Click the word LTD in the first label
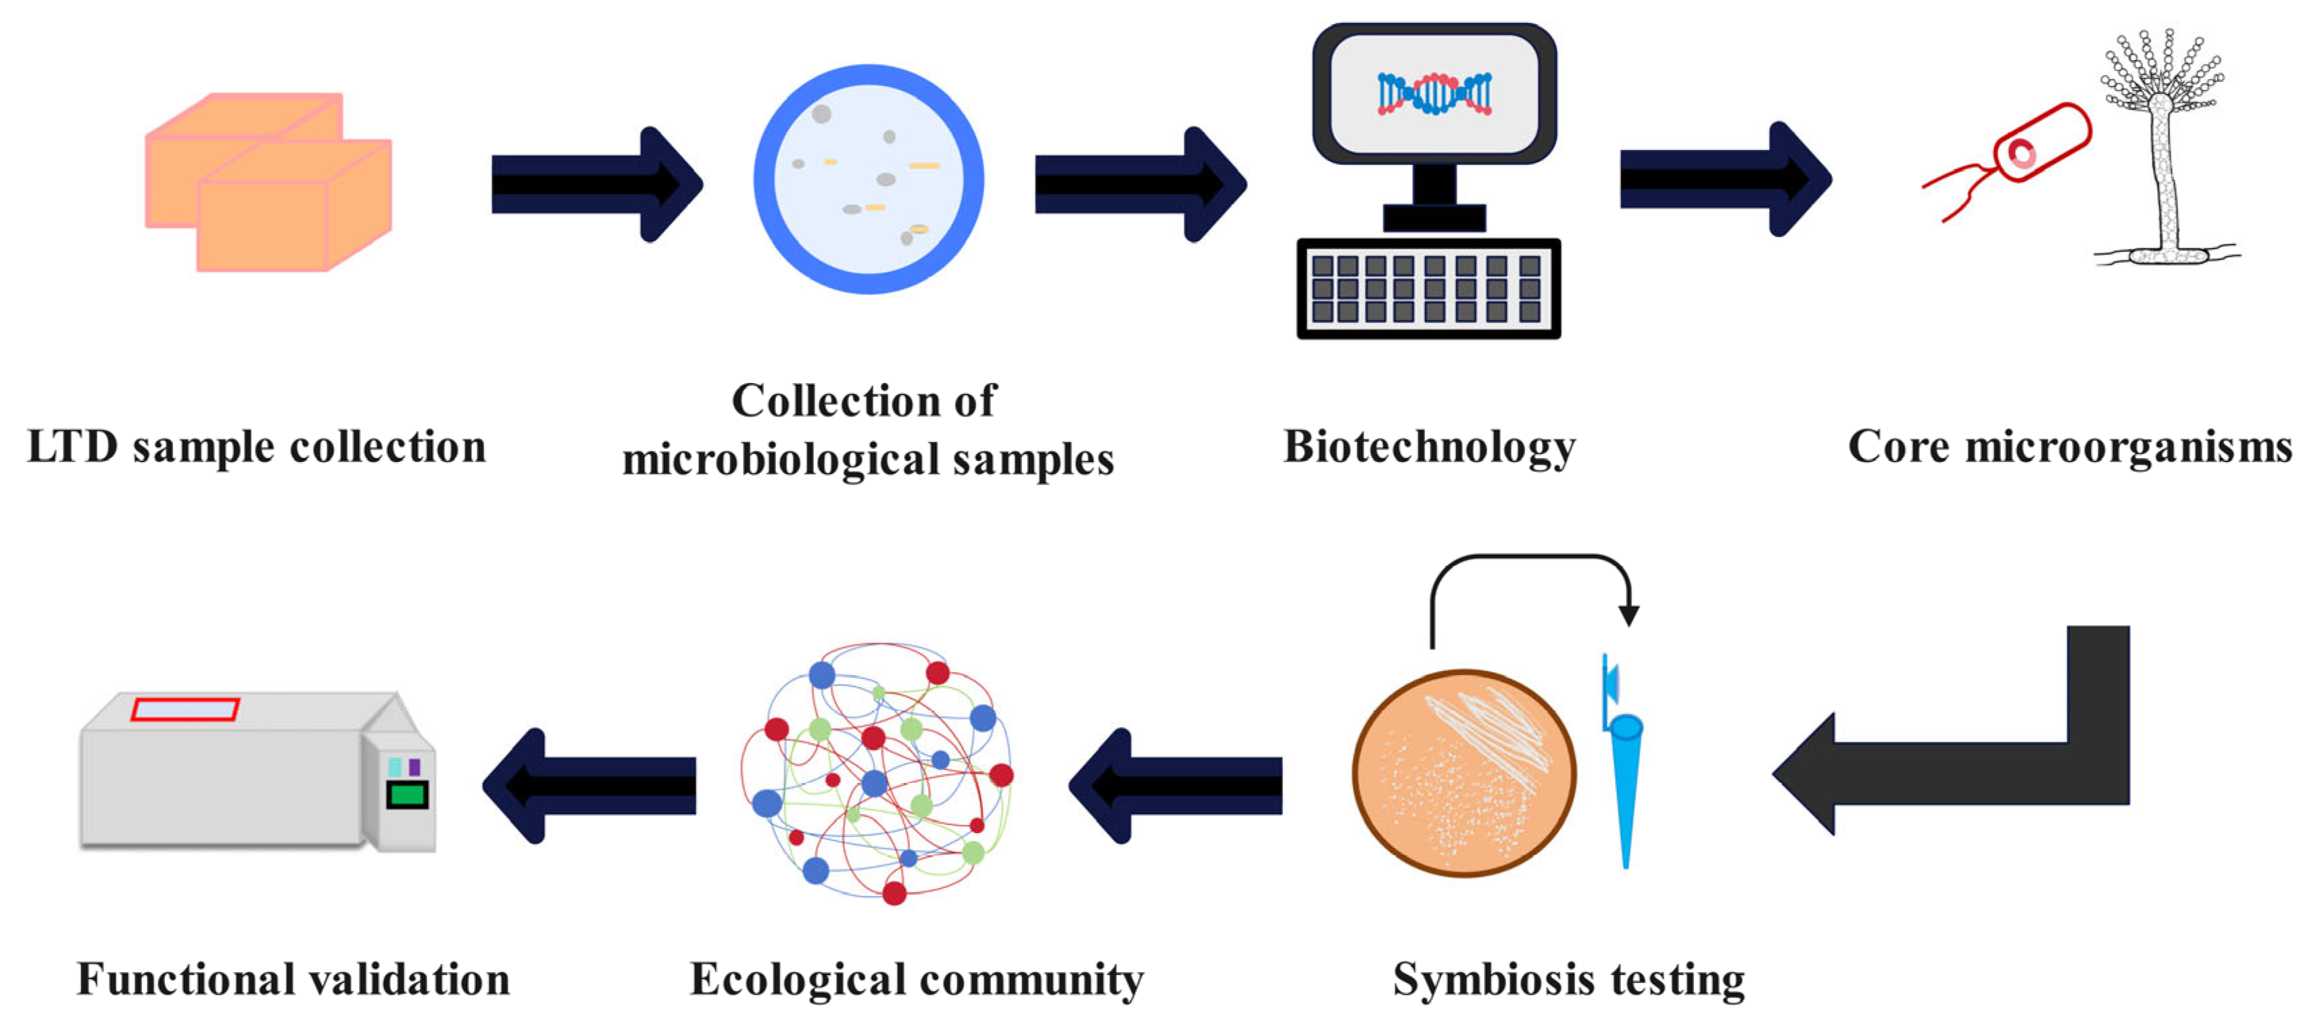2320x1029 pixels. click(x=72, y=447)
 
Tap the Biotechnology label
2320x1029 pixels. click(x=1429, y=447)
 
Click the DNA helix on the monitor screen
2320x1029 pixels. click(x=1434, y=94)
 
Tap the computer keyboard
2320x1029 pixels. click(x=1428, y=289)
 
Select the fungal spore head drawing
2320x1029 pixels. click(x=2162, y=76)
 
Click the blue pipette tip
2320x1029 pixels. click(x=1626, y=783)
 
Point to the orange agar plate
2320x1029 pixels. click(x=1464, y=772)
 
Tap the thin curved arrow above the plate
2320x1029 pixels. click(x=1531, y=563)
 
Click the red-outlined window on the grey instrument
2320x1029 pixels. click(x=185, y=709)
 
